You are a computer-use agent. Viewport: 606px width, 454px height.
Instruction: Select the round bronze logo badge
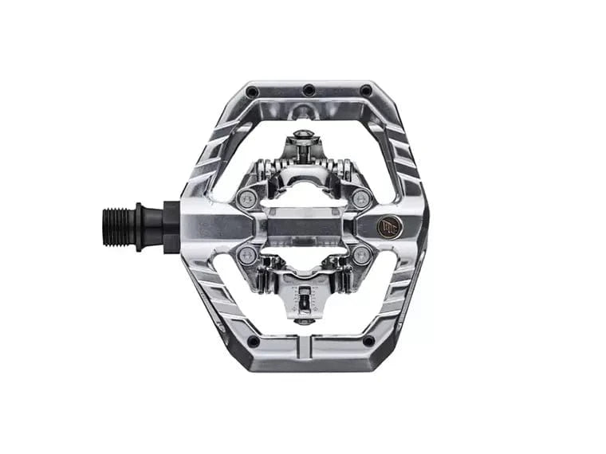pos(388,227)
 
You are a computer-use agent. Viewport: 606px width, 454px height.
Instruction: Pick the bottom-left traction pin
pos(253,340)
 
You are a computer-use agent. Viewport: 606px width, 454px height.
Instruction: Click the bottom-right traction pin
pos(368,340)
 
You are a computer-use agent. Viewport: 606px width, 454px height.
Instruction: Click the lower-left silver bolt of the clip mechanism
pos(248,256)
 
